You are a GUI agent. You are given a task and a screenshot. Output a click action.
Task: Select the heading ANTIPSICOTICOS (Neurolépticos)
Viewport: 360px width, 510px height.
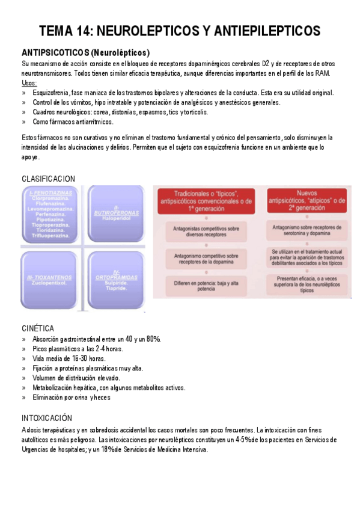click(x=85, y=52)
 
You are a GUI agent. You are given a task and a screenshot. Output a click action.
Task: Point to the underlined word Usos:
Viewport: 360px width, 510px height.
click(x=29, y=83)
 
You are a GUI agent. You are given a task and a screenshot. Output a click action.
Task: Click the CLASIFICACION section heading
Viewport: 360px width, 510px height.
click(x=49, y=179)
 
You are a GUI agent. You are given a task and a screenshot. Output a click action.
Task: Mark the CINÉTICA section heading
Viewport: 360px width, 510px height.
click(x=38, y=328)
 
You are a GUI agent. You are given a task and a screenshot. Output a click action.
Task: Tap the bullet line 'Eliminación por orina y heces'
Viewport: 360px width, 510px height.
click(x=72, y=398)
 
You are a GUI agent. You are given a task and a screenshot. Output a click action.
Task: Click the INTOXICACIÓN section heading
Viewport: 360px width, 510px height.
click(x=47, y=417)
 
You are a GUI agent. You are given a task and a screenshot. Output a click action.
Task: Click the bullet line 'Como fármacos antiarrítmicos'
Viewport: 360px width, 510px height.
click(x=73, y=121)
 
